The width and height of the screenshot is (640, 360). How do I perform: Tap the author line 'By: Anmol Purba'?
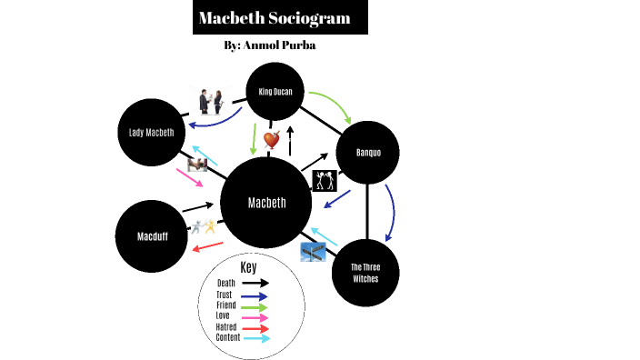pos(269,45)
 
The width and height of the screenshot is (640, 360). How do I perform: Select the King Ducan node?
pos(275,92)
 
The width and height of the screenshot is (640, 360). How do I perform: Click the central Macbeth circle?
pos(267,202)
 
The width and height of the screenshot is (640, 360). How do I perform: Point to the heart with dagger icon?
pos(272,139)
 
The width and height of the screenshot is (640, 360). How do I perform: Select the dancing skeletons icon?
pos(325,180)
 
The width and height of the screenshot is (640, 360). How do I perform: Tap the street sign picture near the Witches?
pos(314,253)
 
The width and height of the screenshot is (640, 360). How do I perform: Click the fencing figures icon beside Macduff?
pos(203,228)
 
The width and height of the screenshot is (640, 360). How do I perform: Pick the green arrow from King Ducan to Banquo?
pos(332,105)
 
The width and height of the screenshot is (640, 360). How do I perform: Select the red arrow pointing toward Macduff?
pos(207,246)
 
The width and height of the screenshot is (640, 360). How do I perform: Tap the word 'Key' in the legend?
pos(248,268)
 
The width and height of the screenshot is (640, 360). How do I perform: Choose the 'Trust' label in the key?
pos(225,295)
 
